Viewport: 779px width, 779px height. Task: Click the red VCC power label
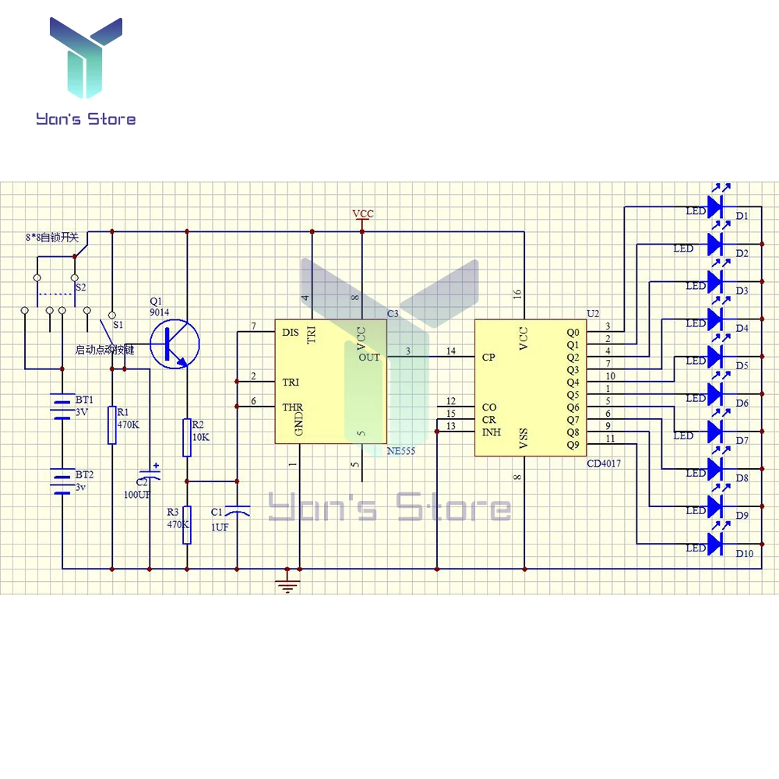[x=363, y=213]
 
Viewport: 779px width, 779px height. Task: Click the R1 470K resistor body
[x=112, y=425]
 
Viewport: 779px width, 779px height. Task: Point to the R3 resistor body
[x=187, y=525]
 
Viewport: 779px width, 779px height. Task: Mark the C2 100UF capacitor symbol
[x=149, y=474]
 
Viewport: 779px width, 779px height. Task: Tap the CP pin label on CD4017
[x=488, y=358]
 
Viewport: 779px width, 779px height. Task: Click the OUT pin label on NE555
[x=369, y=358]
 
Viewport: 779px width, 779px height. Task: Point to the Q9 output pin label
[x=573, y=445]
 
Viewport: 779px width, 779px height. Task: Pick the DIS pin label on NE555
[x=291, y=333]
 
